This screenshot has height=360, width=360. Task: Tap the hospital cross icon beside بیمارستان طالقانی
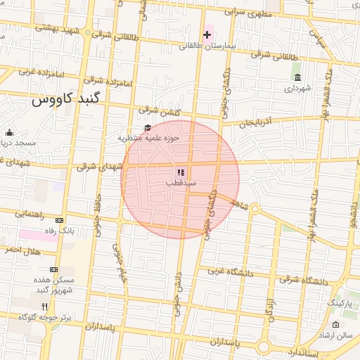[x=207, y=34]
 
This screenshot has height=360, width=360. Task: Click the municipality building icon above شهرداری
[x=298, y=77]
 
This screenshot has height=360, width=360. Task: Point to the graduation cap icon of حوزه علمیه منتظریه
[x=148, y=127]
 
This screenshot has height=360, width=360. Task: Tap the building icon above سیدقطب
[x=180, y=172]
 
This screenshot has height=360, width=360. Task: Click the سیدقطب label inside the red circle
[x=180, y=183]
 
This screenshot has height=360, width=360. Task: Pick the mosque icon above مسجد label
[x=9, y=133]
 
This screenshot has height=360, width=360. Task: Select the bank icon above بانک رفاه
[x=58, y=220]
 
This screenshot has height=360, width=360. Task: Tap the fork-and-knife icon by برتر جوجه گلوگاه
[x=46, y=307]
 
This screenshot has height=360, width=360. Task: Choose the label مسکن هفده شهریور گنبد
[x=53, y=285]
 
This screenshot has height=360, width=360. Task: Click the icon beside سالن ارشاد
[x=336, y=324]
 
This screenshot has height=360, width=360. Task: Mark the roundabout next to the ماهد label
[x=255, y=209]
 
